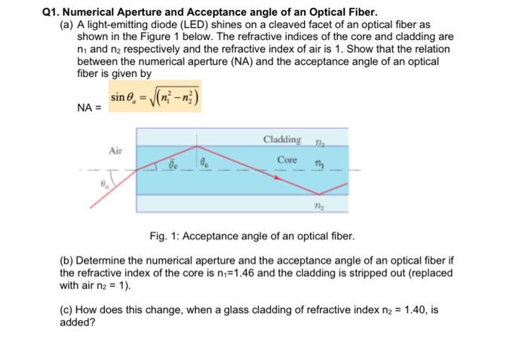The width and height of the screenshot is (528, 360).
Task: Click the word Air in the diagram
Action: [115, 151]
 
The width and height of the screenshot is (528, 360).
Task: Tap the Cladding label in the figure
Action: [283, 140]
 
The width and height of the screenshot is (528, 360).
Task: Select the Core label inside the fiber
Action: [287, 161]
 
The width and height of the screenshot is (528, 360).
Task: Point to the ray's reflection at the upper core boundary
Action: [198, 146]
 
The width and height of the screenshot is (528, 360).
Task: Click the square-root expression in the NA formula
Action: [175, 97]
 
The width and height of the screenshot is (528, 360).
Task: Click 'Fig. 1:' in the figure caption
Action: [162, 237]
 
